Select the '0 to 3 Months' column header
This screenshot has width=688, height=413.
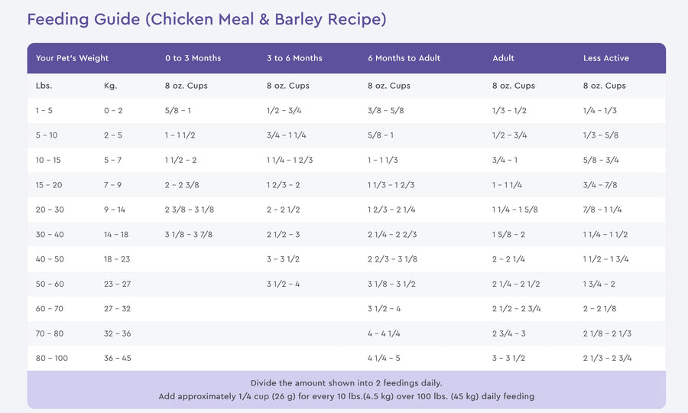click(193, 58)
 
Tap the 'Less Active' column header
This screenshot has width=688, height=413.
click(606, 58)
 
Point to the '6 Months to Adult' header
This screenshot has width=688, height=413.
click(404, 58)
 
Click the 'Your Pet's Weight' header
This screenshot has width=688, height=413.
click(72, 58)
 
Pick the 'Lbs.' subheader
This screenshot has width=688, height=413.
click(44, 86)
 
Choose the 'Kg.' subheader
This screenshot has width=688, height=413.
click(110, 86)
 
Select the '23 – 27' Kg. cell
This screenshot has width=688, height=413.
click(117, 284)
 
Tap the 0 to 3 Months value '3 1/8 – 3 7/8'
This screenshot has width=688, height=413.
click(188, 234)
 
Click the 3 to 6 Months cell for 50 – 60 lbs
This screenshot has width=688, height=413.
click(283, 284)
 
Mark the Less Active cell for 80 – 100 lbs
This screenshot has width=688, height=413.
click(607, 358)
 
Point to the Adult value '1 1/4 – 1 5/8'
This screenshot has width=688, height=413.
click(514, 210)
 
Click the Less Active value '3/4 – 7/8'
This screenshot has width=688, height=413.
click(600, 184)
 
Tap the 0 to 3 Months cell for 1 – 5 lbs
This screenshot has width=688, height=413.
click(177, 110)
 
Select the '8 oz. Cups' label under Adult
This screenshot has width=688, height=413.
click(514, 86)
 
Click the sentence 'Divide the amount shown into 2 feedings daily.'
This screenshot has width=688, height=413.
click(346, 382)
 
